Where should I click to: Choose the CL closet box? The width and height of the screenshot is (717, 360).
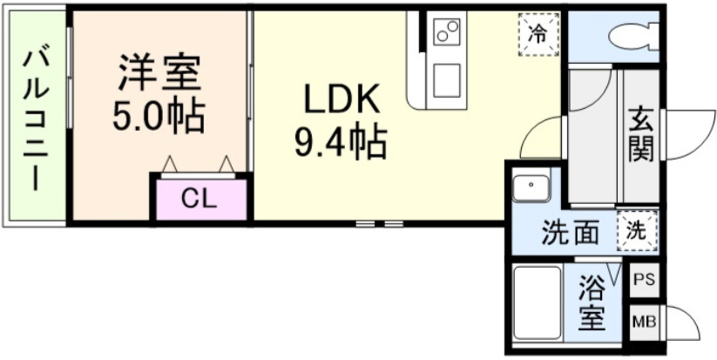(x=200, y=199)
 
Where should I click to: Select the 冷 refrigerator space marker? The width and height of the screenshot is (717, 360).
(x=539, y=34)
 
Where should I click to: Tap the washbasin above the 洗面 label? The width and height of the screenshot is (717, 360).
(x=530, y=187)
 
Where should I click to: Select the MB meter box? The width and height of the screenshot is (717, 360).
(x=644, y=321)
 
